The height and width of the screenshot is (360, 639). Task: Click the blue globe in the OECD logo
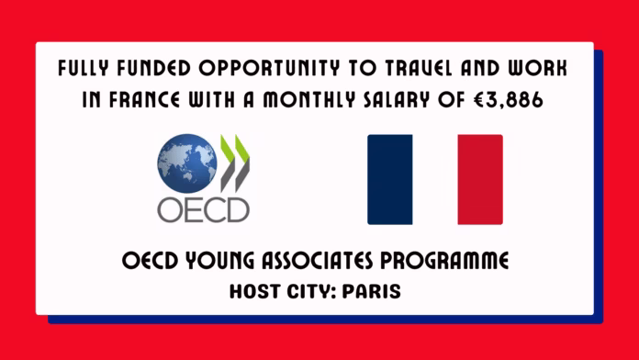point(186,163)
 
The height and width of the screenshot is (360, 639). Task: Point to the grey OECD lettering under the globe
point(203,208)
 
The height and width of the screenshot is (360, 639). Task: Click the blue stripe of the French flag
point(389,179)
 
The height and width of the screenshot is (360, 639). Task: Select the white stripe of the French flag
point(435,179)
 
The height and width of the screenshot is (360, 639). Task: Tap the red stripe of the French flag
point(480,179)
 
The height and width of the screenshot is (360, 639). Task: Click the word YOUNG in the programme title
point(207,262)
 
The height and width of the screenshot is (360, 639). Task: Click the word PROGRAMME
point(450,262)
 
